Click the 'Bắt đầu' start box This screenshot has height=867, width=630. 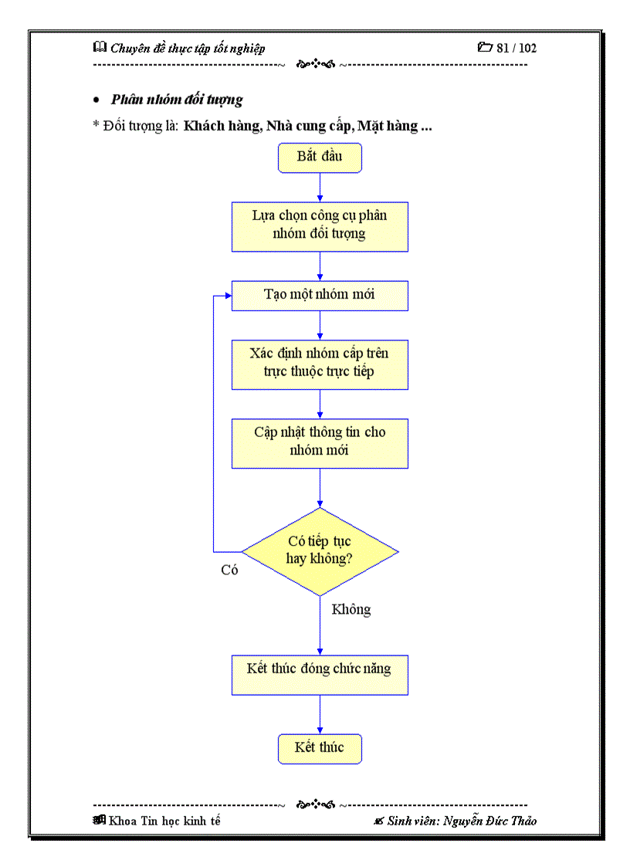(320, 157)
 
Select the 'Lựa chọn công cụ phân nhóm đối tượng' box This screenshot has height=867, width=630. (320, 226)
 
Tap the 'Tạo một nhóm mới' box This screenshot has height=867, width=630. (320, 295)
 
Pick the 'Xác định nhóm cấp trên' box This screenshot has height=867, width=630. (320, 364)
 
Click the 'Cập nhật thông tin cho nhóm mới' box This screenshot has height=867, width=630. (320, 442)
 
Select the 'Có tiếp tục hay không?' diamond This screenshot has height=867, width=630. (320, 551)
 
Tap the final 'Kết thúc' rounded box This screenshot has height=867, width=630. (320, 748)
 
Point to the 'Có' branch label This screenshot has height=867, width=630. (229, 571)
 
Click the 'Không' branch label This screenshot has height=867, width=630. (351, 610)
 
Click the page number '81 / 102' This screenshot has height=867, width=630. (517, 48)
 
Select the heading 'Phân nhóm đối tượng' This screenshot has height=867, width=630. (177, 100)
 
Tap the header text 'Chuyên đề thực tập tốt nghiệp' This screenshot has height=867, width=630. (188, 49)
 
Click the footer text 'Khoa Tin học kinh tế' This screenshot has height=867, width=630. (164, 821)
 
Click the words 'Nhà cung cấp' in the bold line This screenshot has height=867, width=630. (307, 126)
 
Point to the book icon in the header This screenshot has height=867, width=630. (100, 47)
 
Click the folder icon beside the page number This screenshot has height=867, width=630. (485, 47)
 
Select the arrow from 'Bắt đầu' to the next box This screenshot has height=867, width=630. (320, 188)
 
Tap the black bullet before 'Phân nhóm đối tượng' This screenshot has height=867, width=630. (97, 100)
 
